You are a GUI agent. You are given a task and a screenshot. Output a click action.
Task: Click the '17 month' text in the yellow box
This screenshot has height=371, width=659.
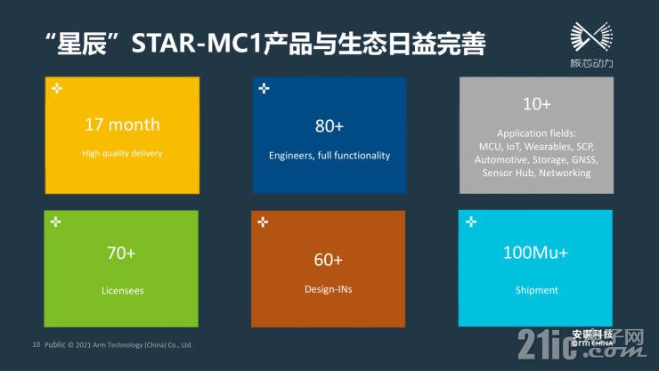point(122,125)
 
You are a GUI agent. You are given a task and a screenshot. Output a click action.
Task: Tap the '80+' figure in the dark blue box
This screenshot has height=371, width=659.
point(329,125)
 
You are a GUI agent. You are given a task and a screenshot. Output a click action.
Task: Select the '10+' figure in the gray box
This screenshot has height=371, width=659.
point(536,104)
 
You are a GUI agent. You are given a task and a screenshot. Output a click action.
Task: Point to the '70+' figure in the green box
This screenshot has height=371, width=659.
point(121,254)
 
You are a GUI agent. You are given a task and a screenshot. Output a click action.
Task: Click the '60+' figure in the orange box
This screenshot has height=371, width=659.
point(329,260)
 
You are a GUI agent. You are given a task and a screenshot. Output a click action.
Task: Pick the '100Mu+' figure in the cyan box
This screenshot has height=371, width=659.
point(536,254)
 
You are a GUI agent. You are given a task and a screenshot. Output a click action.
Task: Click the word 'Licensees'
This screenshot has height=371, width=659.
point(121,290)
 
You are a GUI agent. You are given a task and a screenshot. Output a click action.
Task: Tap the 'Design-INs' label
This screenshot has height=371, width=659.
point(329,289)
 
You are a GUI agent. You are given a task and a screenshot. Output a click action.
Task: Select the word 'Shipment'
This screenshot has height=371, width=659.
point(536,290)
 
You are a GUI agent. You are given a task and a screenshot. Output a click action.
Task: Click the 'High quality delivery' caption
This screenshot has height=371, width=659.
point(122,153)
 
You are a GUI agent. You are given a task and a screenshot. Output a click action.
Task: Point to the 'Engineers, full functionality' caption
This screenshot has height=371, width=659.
point(329,156)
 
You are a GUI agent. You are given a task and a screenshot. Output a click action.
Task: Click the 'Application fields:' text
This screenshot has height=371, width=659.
point(536,133)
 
